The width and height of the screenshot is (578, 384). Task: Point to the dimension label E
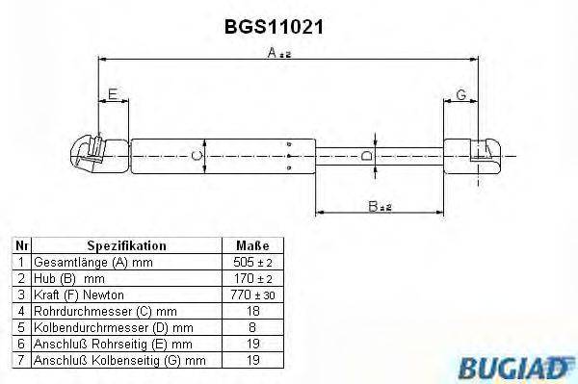(x=114, y=94)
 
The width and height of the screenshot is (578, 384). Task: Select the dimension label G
(x=461, y=94)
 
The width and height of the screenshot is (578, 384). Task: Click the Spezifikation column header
(x=127, y=245)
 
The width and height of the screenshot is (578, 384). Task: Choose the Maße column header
(x=251, y=245)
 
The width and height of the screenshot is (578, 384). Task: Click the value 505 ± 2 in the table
(x=251, y=262)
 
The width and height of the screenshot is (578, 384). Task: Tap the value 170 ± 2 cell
(x=251, y=278)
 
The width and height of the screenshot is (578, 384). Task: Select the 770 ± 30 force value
(x=251, y=294)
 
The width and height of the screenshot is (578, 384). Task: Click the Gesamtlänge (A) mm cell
(x=92, y=262)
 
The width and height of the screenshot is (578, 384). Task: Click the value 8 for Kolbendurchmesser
(x=251, y=327)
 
